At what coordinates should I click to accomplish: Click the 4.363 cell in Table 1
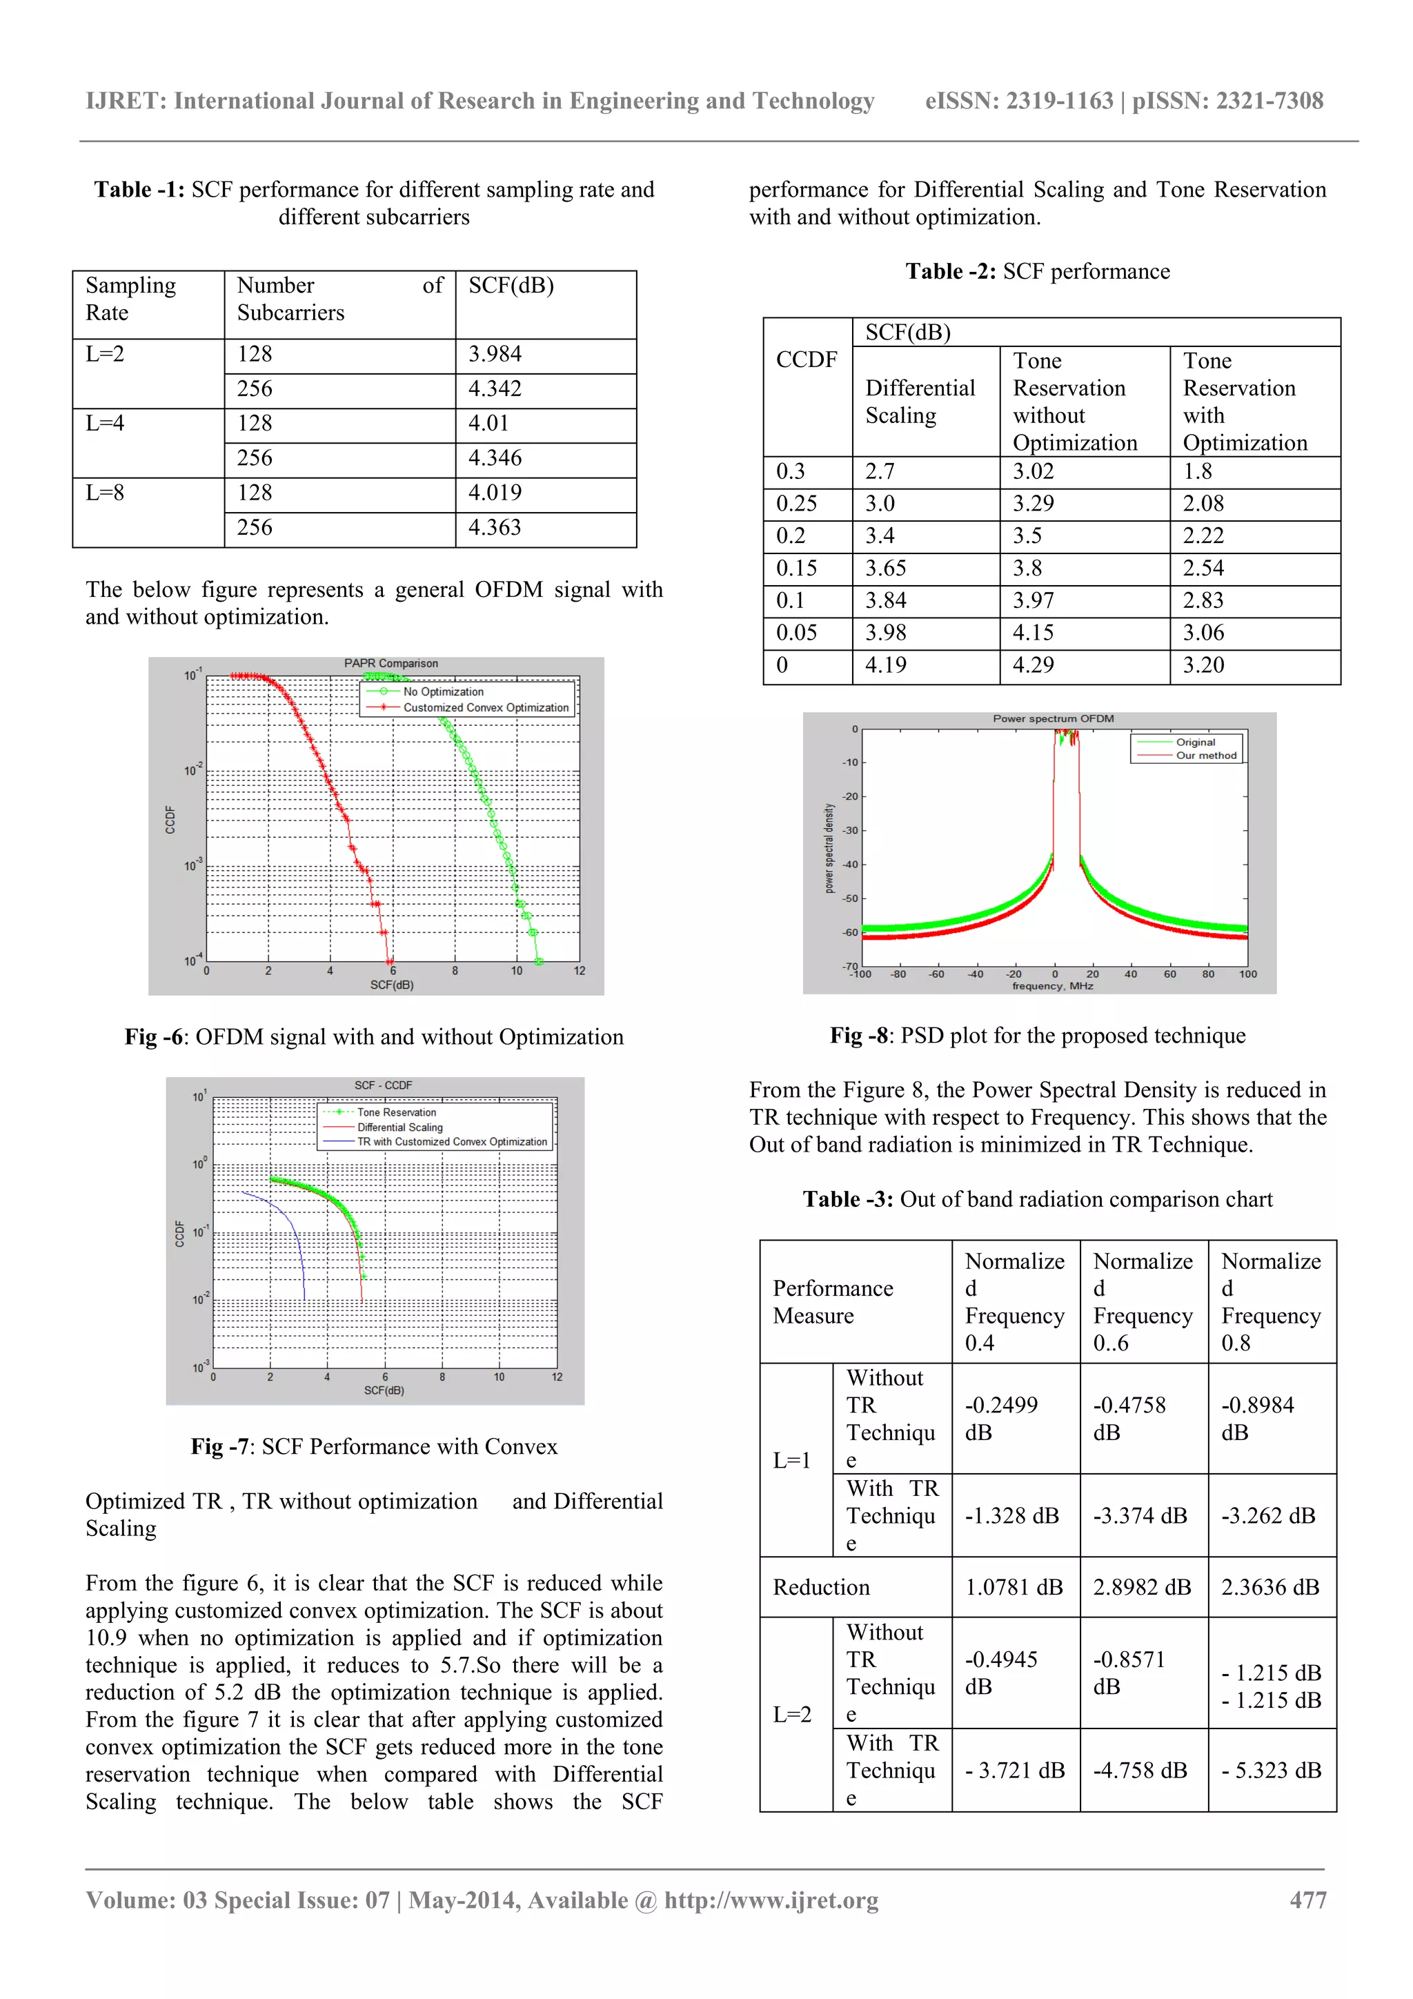(495, 528)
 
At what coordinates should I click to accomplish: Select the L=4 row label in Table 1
(106, 423)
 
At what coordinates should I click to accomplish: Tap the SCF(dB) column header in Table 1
(511, 286)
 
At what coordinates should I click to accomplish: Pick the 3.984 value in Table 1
(495, 355)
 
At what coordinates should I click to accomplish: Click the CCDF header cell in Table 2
(806, 360)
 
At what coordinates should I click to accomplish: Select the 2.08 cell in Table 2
(1203, 503)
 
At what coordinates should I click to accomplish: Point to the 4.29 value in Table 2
(1033, 665)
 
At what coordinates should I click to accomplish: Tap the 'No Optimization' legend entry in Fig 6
(442, 691)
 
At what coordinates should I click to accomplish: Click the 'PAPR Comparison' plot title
(391, 663)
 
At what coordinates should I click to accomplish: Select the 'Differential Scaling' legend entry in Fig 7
(399, 1127)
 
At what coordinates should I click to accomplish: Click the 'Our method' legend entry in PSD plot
(1206, 756)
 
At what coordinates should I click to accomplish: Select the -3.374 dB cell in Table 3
(1140, 1516)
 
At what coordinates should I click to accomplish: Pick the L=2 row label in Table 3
(792, 1714)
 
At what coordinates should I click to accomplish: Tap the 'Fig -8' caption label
(858, 1035)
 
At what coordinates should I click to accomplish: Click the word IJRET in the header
(126, 101)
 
